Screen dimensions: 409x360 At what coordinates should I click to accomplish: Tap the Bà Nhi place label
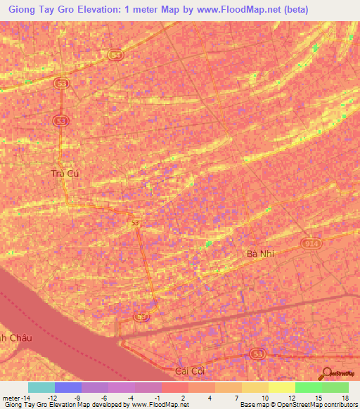260,254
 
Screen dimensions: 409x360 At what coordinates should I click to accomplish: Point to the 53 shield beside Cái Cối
257,353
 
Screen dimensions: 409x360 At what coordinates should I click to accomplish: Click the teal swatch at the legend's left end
41,387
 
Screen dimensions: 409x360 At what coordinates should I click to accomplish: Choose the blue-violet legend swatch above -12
67,387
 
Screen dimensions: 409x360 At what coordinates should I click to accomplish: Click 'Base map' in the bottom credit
254,404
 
